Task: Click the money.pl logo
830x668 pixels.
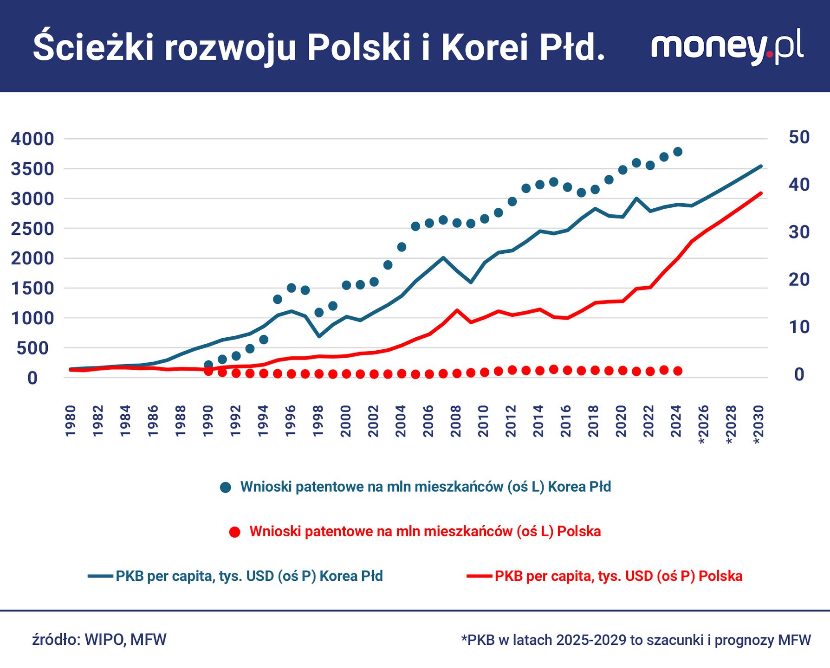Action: [x=727, y=46]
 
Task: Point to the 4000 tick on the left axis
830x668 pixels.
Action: [x=32, y=139]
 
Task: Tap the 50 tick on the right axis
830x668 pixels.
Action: [x=799, y=137]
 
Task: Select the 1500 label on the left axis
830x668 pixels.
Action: [x=32, y=288]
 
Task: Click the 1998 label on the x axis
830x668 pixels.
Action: [x=318, y=421]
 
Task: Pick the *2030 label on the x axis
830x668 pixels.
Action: [x=758, y=424]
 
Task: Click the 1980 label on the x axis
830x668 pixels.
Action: [x=71, y=421]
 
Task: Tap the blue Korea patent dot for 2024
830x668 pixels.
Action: [x=678, y=152]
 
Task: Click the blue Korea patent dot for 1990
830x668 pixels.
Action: [x=208, y=365]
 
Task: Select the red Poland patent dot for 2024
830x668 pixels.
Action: [x=678, y=371]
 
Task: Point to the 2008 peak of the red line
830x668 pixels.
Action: [x=457, y=310]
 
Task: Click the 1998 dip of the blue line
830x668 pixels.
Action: [x=319, y=336]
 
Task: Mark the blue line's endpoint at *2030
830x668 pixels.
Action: [x=761, y=166]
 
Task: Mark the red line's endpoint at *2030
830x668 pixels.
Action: [x=761, y=193]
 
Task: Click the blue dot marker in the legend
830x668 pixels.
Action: [x=226, y=487]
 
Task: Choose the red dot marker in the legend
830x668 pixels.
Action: [x=235, y=532]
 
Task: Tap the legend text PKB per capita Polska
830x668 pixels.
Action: [x=618, y=576]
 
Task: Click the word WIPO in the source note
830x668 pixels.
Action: [x=104, y=640]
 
